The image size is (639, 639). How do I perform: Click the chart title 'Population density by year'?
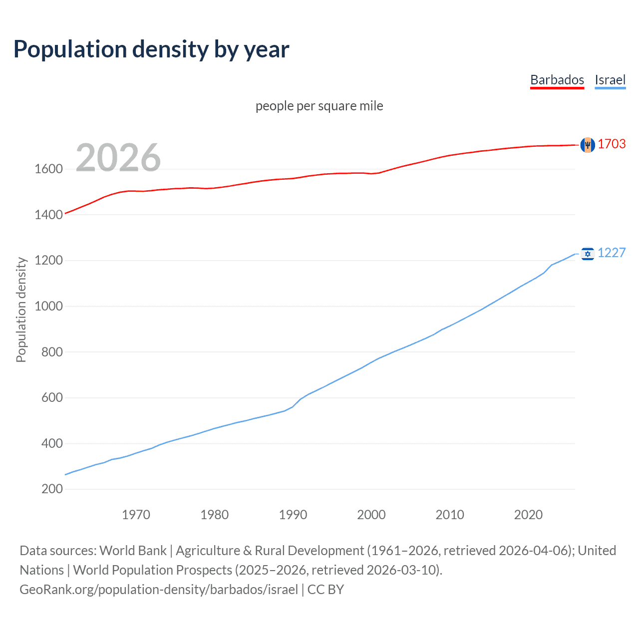[x=151, y=49]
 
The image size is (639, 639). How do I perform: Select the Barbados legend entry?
[x=557, y=80]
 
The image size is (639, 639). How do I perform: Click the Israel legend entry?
[x=610, y=80]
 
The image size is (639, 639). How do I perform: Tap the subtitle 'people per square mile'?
[x=319, y=106]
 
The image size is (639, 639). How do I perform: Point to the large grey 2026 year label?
[x=118, y=158]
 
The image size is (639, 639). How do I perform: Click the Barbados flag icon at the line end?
[x=588, y=145]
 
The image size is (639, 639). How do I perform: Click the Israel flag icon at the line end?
[x=588, y=254]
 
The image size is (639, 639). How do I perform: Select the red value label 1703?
[x=612, y=144]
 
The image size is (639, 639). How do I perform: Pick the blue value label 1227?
[x=612, y=253]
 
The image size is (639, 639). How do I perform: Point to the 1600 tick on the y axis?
[x=48, y=169]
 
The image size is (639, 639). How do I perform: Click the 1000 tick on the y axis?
[x=48, y=307]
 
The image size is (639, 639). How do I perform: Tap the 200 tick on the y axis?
[x=52, y=489]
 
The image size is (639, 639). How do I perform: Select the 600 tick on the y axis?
[x=52, y=398]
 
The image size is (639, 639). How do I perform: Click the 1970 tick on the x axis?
[x=136, y=515]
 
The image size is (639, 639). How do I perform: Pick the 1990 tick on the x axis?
[x=293, y=515]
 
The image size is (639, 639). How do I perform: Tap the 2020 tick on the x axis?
[x=528, y=515]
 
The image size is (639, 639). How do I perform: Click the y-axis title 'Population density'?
[x=21, y=310]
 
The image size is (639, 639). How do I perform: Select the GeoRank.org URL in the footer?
[x=159, y=590]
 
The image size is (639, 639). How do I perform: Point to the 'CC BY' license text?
[x=325, y=590]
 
